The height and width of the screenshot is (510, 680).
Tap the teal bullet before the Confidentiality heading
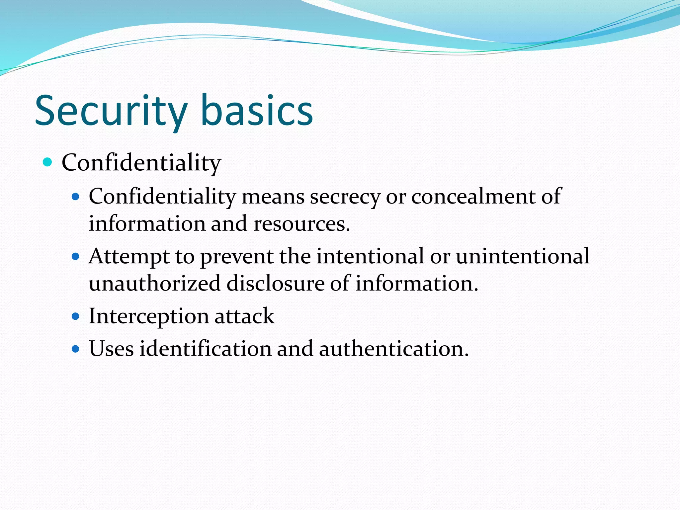pyautogui.click(x=48, y=162)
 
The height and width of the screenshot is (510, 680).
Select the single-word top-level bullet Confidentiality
pyautogui.click(x=141, y=163)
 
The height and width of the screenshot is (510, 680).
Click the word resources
pyautogui.click(x=301, y=223)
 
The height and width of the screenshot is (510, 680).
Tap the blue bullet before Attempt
pyautogui.click(x=76, y=256)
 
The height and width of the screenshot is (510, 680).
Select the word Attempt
pyautogui.click(x=129, y=257)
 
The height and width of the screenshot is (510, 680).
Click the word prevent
pyautogui.click(x=237, y=257)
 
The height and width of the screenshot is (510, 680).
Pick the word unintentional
pyautogui.click(x=522, y=256)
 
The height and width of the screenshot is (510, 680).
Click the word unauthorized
pyautogui.click(x=154, y=283)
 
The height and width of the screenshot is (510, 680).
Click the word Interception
pyautogui.click(x=148, y=316)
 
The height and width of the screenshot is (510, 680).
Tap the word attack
pyautogui.click(x=244, y=316)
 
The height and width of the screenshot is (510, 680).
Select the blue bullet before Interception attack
pyautogui.click(x=76, y=316)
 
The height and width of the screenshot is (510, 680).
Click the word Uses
pyautogui.click(x=111, y=349)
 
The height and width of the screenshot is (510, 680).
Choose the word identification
pyautogui.click(x=205, y=349)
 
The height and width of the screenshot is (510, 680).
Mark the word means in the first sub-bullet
pyautogui.click(x=273, y=197)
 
